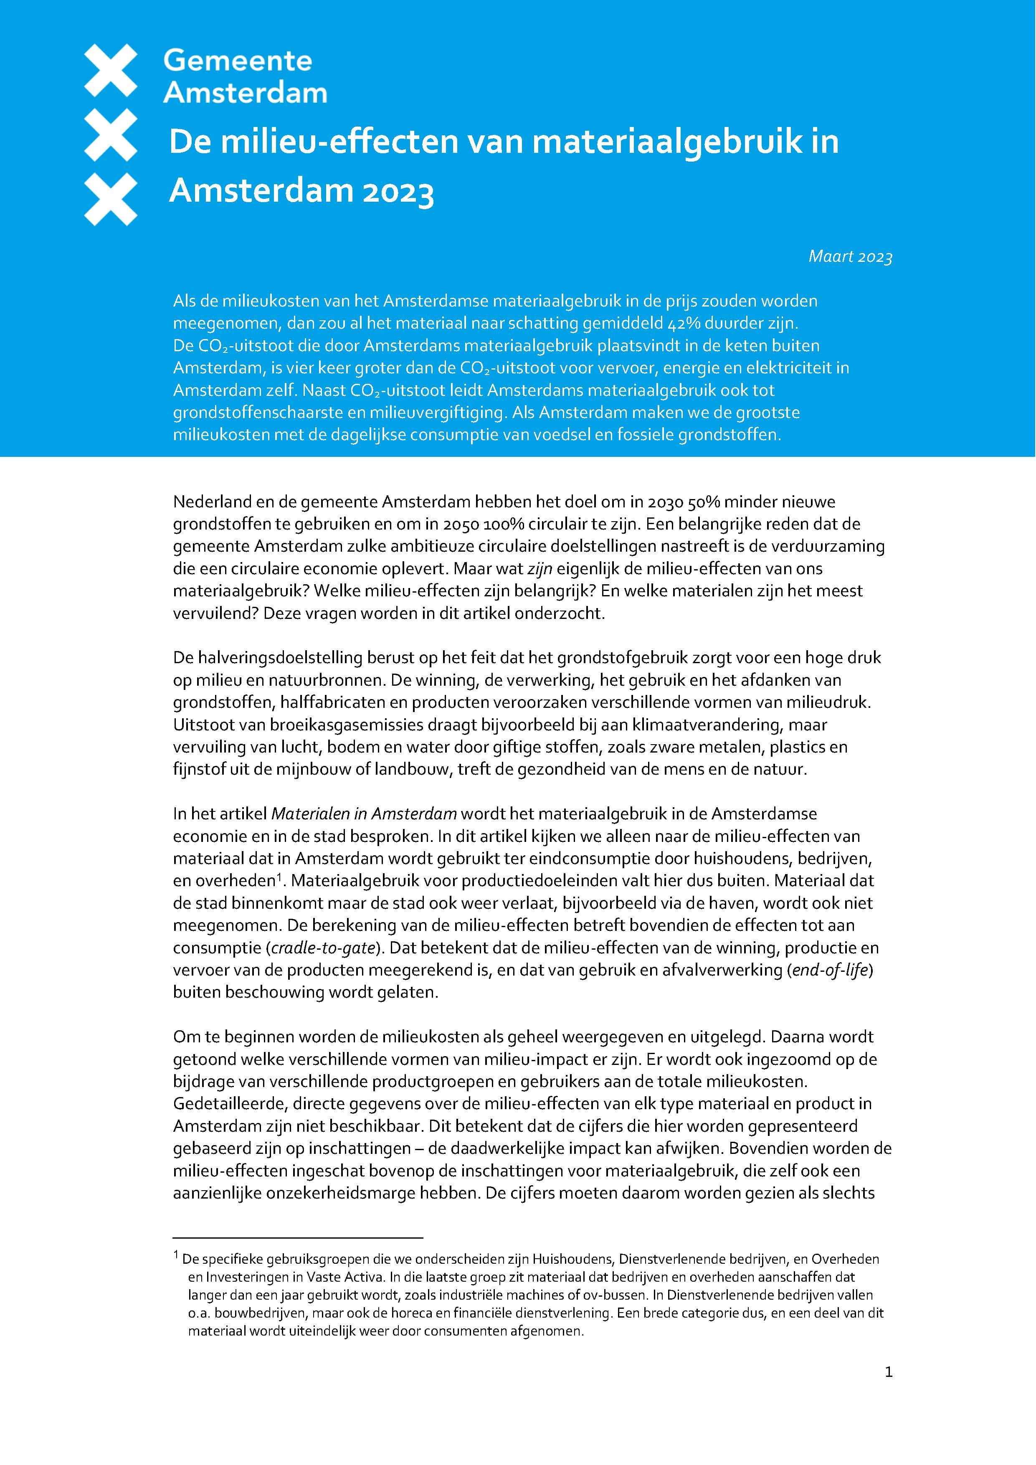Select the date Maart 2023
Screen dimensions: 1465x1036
click(850, 256)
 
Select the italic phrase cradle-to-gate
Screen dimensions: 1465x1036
click(323, 948)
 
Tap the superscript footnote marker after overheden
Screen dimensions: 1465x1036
click(279, 878)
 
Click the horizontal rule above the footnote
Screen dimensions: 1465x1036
click(298, 1238)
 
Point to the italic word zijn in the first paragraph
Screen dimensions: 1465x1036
click(540, 568)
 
